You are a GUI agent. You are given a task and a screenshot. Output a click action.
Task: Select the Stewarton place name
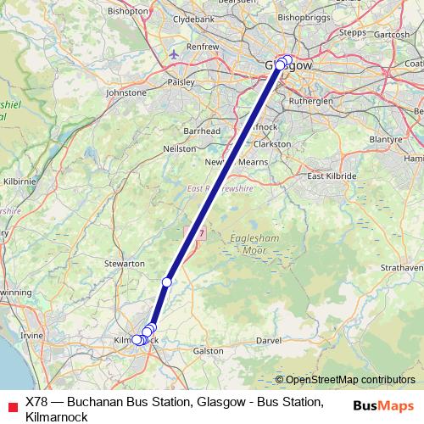pyautogui.click(x=125, y=265)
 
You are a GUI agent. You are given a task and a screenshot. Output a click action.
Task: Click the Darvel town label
pyautogui.click(x=268, y=340)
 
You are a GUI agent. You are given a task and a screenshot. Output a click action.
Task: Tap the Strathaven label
pyautogui.click(x=401, y=267)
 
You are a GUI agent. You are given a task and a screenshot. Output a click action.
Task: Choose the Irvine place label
pyautogui.click(x=31, y=336)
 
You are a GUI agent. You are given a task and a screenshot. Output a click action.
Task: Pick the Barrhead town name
pyautogui.click(x=202, y=131)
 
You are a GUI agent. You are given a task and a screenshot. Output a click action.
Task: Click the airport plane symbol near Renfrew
pyautogui.click(x=174, y=55)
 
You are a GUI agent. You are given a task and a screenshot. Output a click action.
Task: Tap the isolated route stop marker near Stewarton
pyautogui.click(x=167, y=282)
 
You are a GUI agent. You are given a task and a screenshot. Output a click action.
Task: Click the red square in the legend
pyautogui.click(x=11, y=402)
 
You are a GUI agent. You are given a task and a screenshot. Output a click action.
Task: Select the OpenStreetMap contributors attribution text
pyautogui.click(x=350, y=380)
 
